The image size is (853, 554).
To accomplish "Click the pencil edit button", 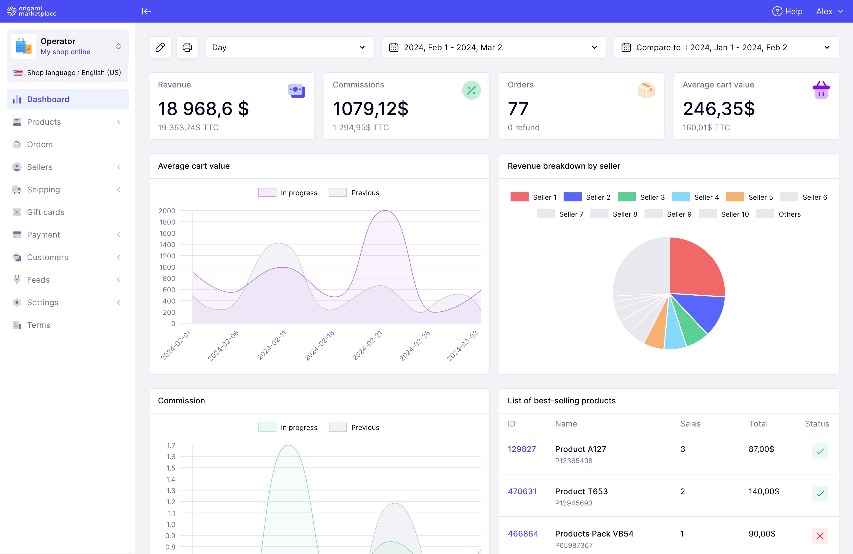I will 160,47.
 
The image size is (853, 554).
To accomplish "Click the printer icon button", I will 187,47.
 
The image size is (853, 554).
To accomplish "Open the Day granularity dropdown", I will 290,47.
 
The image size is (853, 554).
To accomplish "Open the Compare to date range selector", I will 726,47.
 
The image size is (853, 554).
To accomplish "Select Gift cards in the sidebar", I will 45,212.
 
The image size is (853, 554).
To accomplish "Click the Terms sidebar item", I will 38,325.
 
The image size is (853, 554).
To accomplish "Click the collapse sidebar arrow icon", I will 146,12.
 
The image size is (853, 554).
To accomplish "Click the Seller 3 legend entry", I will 641,197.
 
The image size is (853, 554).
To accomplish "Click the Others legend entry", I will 779,214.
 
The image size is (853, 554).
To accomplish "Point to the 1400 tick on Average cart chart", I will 167,245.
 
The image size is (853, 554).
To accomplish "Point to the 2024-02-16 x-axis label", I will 319,346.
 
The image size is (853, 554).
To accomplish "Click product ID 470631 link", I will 522,491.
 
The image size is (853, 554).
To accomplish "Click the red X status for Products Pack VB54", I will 820,536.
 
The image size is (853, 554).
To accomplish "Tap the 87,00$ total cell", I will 761,449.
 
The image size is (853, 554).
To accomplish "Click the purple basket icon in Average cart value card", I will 821,90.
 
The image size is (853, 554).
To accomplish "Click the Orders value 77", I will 518,109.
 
